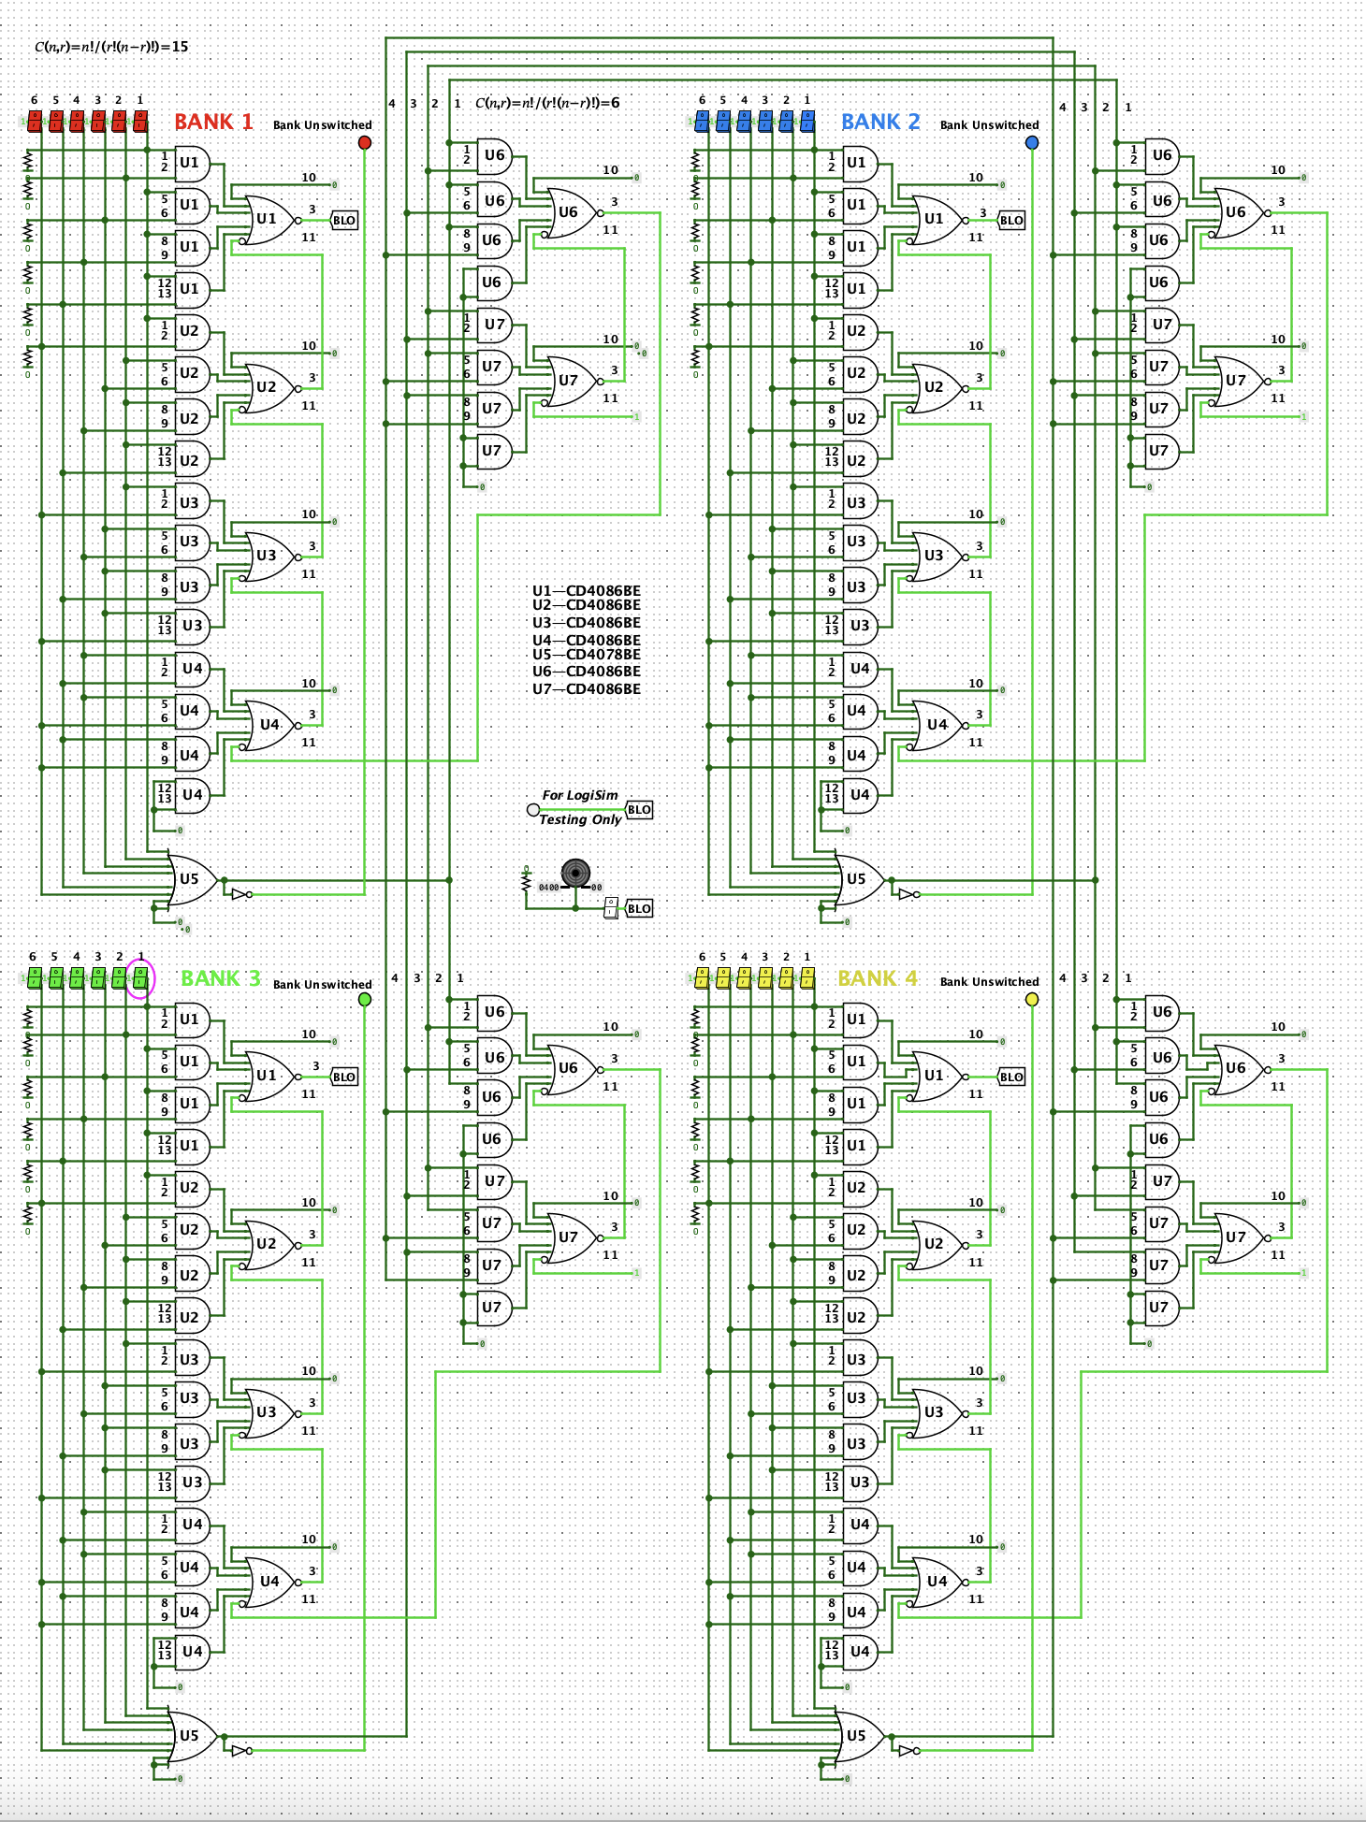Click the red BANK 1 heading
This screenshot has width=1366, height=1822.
tap(213, 123)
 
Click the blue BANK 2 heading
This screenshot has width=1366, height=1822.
tap(879, 123)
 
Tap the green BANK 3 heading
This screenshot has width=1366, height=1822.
tap(220, 978)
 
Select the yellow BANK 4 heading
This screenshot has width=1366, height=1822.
tap(877, 978)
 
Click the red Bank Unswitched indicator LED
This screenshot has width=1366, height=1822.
tap(365, 142)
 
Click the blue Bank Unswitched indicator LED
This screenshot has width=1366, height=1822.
tap(1032, 142)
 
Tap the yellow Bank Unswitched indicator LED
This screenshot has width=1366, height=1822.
tap(1032, 999)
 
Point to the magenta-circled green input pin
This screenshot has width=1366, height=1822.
tap(140, 978)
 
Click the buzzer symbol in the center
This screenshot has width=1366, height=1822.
tap(575, 873)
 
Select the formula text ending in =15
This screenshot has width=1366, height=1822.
tap(111, 47)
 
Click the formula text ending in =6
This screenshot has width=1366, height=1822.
tap(547, 103)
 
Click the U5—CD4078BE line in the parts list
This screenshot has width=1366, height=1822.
tap(587, 655)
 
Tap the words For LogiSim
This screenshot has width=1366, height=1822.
tap(580, 795)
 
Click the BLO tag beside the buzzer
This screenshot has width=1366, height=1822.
tap(639, 908)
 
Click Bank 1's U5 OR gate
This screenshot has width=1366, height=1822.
tap(192, 879)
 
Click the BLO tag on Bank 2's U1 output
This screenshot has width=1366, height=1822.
tap(1011, 221)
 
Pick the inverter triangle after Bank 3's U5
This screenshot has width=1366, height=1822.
tap(240, 1750)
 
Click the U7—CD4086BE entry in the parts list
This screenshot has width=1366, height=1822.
tap(587, 689)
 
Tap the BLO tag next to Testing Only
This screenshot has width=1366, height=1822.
tap(639, 810)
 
